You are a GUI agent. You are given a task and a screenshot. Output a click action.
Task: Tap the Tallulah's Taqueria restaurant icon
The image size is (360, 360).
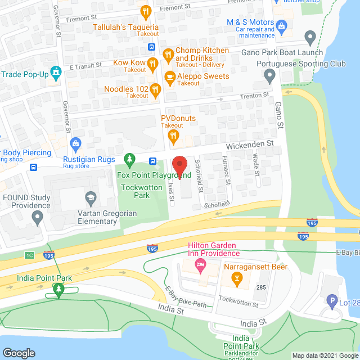point(146,11)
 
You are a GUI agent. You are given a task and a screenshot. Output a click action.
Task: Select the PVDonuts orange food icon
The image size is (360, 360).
point(174,135)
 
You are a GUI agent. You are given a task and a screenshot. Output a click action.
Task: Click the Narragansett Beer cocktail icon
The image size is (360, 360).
point(237,278)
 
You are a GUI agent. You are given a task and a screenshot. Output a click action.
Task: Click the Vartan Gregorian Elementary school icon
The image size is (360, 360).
point(89,197)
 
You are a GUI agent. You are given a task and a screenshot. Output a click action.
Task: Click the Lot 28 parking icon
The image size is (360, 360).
point(332,302)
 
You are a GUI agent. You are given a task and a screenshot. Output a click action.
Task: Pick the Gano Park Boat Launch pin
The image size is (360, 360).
point(309,38)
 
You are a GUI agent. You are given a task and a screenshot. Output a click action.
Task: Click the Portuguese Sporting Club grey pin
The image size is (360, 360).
point(269,75)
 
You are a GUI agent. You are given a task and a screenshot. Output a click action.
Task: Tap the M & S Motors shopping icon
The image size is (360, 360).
point(282,25)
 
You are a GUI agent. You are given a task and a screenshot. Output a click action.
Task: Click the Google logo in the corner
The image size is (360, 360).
point(19,353)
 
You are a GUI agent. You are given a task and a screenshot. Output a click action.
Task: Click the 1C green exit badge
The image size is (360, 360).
point(29,255)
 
